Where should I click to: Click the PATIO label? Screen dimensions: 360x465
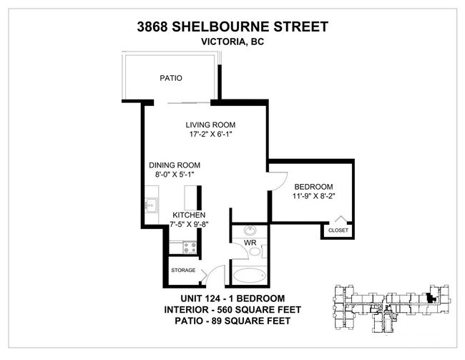click(x=170, y=78)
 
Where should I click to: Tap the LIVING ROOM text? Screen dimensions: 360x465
click(x=211, y=124)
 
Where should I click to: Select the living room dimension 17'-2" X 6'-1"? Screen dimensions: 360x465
click(x=211, y=135)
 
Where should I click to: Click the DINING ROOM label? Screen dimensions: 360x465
click(x=175, y=164)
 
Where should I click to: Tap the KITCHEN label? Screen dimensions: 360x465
click(x=189, y=215)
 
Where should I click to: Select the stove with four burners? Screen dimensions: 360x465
click(x=190, y=248)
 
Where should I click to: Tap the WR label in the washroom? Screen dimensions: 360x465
click(x=251, y=244)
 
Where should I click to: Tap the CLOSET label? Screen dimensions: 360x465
click(x=338, y=230)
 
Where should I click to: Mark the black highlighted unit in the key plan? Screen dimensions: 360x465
click(x=431, y=300)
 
